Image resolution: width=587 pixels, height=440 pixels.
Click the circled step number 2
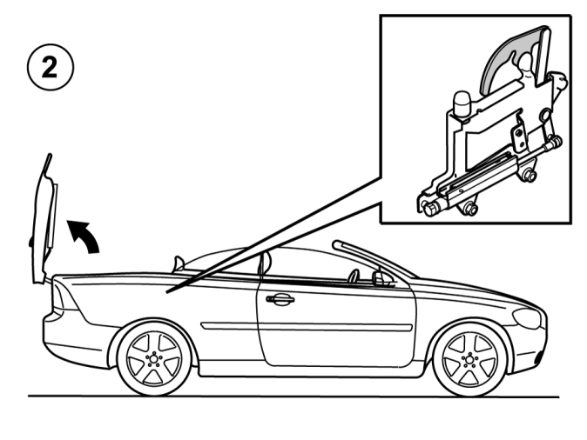[51, 67]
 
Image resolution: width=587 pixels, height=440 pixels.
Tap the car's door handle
[280, 299]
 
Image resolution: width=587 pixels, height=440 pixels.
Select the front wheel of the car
[469, 359]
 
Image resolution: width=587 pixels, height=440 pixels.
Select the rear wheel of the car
[154, 359]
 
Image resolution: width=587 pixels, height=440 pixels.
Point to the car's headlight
[527, 319]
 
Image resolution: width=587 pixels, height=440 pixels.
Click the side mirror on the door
[381, 278]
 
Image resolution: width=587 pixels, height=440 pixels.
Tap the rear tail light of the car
[63, 296]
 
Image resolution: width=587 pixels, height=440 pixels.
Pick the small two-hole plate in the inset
[519, 138]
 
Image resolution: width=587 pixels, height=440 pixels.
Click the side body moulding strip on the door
[307, 327]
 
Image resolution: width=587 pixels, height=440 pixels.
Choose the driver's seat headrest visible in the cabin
[353, 276]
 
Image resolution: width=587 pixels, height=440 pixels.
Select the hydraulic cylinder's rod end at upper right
[555, 141]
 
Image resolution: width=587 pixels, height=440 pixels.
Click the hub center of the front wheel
[469, 359]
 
